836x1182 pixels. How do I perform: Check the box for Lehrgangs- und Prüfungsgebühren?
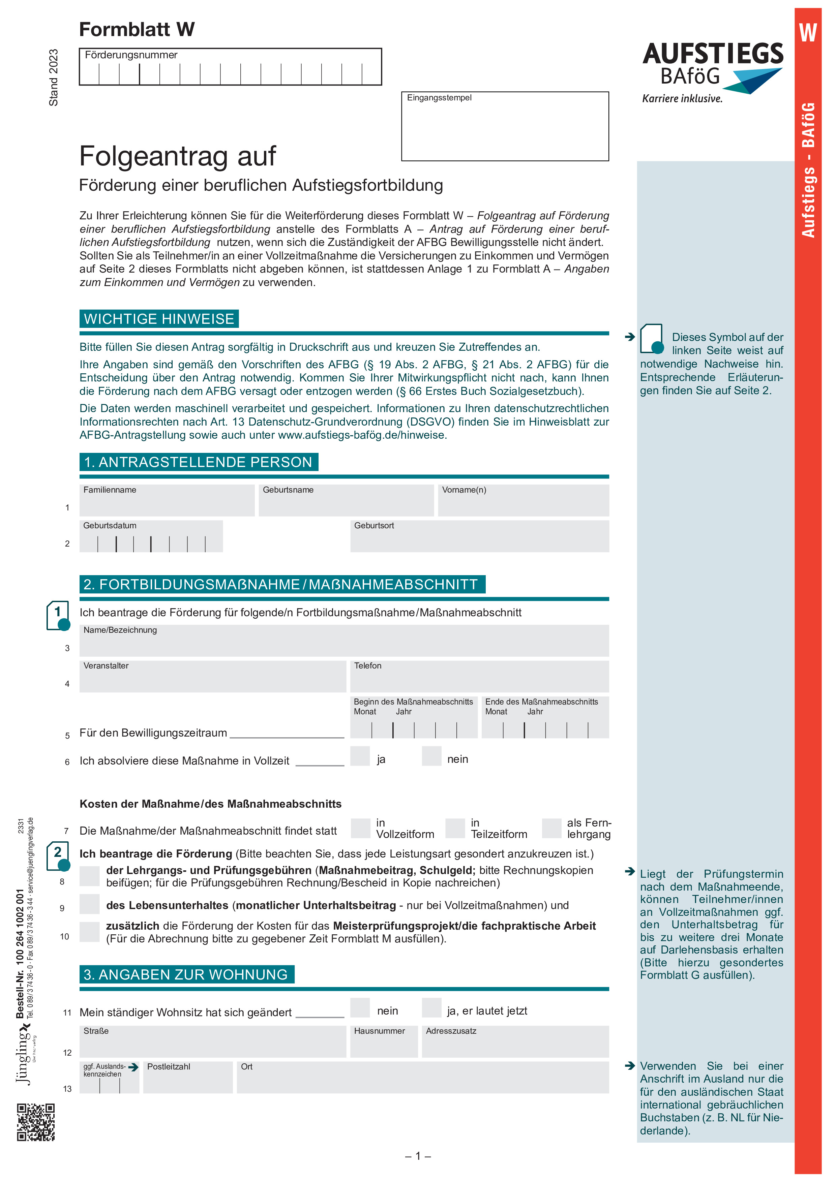click(x=90, y=876)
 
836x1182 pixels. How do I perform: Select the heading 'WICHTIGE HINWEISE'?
click(x=159, y=319)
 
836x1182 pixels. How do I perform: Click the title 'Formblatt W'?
click(x=137, y=29)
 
